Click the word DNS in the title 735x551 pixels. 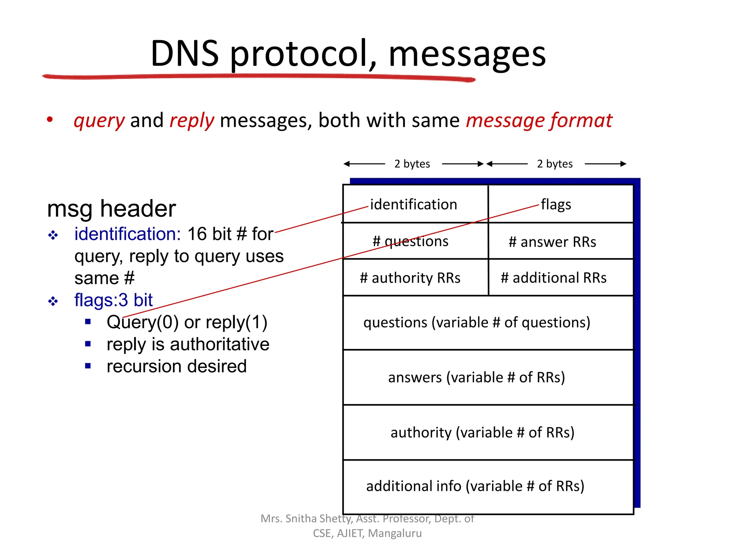click(x=184, y=54)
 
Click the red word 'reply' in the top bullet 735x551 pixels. click(x=192, y=121)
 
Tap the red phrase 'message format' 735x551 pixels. click(x=539, y=121)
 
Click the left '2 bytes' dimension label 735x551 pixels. click(x=412, y=164)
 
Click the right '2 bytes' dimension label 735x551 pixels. click(x=555, y=164)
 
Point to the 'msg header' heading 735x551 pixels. click(x=111, y=209)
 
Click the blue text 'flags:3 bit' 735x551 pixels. click(x=113, y=300)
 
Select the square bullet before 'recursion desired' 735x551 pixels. click(x=88, y=366)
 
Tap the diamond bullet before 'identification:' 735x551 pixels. click(x=53, y=235)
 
